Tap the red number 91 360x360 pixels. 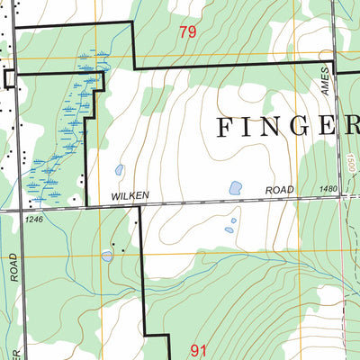click(200, 346)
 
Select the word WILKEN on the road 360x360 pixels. click(129, 195)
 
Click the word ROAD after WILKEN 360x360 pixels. click(280, 191)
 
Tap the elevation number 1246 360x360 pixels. click(35, 219)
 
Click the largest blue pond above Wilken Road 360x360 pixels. click(235, 188)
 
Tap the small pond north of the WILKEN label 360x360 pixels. click(119, 169)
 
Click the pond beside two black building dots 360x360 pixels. click(108, 256)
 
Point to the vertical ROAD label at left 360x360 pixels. click(14, 267)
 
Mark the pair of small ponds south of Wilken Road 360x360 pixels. click(230, 225)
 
